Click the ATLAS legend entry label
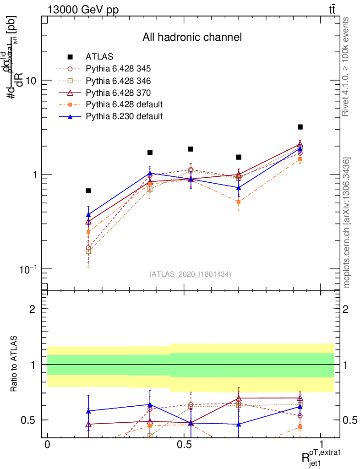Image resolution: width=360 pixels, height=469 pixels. (99, 57)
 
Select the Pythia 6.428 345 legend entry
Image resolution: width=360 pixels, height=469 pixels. (118, 69)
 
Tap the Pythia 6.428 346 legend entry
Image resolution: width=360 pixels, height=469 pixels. (118, 81)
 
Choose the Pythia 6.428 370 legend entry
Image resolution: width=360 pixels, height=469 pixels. (118, 93)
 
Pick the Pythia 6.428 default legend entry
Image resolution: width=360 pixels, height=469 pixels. (124, 104)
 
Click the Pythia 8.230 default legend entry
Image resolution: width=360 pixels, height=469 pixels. (124, 116)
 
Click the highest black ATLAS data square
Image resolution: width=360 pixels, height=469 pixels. (300, 127)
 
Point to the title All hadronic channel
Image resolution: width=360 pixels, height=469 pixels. (191, 37)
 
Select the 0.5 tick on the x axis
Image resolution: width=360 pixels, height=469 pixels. (184, 445)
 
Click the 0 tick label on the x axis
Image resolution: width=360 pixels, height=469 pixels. (47, 445)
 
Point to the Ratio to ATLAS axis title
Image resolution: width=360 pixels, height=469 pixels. (14, 365)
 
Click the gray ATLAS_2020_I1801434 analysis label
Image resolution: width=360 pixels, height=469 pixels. (190, 274)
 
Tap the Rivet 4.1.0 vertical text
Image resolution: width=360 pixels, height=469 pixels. (346, 66)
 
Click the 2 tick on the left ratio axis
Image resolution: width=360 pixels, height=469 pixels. (33, 309)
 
